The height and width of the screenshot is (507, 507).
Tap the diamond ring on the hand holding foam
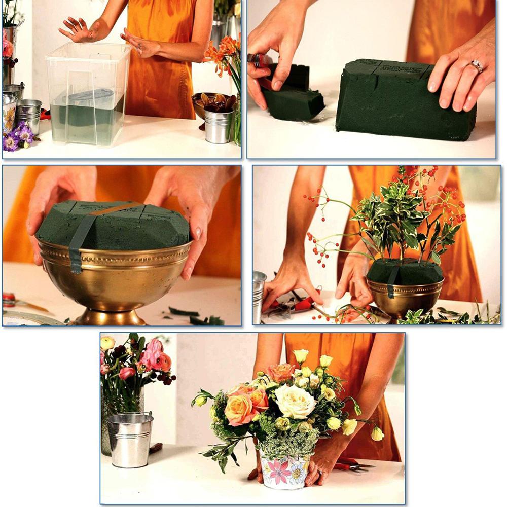[x=476, y=65]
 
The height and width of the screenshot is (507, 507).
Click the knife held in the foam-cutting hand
[x=259, y=60]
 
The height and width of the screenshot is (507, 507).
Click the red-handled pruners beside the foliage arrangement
[x=299, y=304]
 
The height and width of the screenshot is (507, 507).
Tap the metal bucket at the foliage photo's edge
[x=259, y=294]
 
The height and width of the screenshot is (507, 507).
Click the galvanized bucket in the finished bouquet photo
[x=130, y=439]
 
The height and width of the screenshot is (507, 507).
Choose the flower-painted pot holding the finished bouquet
[x=284, y=471]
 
